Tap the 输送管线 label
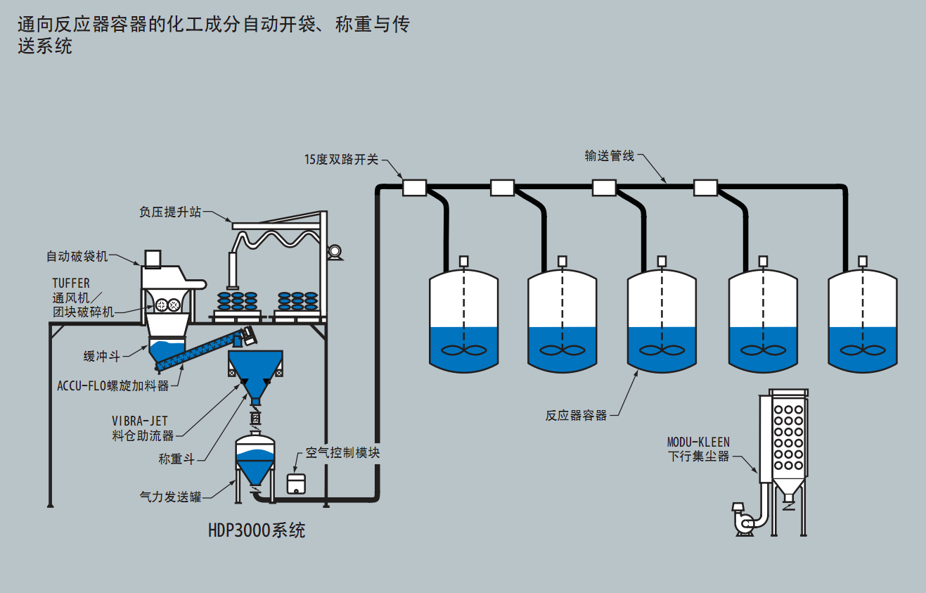tap(609, 156)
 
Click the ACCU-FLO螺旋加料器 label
tap(113, 385)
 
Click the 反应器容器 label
tap(576, 415)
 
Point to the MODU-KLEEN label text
tap(698, 442)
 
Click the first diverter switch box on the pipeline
tap(414, 187)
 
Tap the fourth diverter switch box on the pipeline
tap(705, 187)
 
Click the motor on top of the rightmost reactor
tap(864, 261)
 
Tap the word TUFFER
tap(71, 283)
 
